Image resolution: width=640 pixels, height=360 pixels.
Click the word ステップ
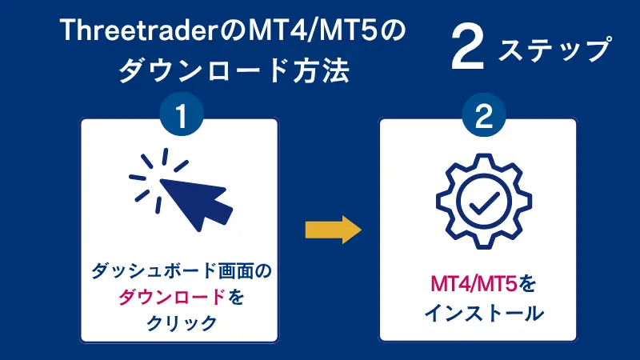(x=554, y=51)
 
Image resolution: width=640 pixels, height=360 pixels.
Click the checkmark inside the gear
(x=479, y=203)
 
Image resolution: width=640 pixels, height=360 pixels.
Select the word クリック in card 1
(x=180, y=322)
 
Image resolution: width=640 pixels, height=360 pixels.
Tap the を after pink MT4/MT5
(x=525, y=285)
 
